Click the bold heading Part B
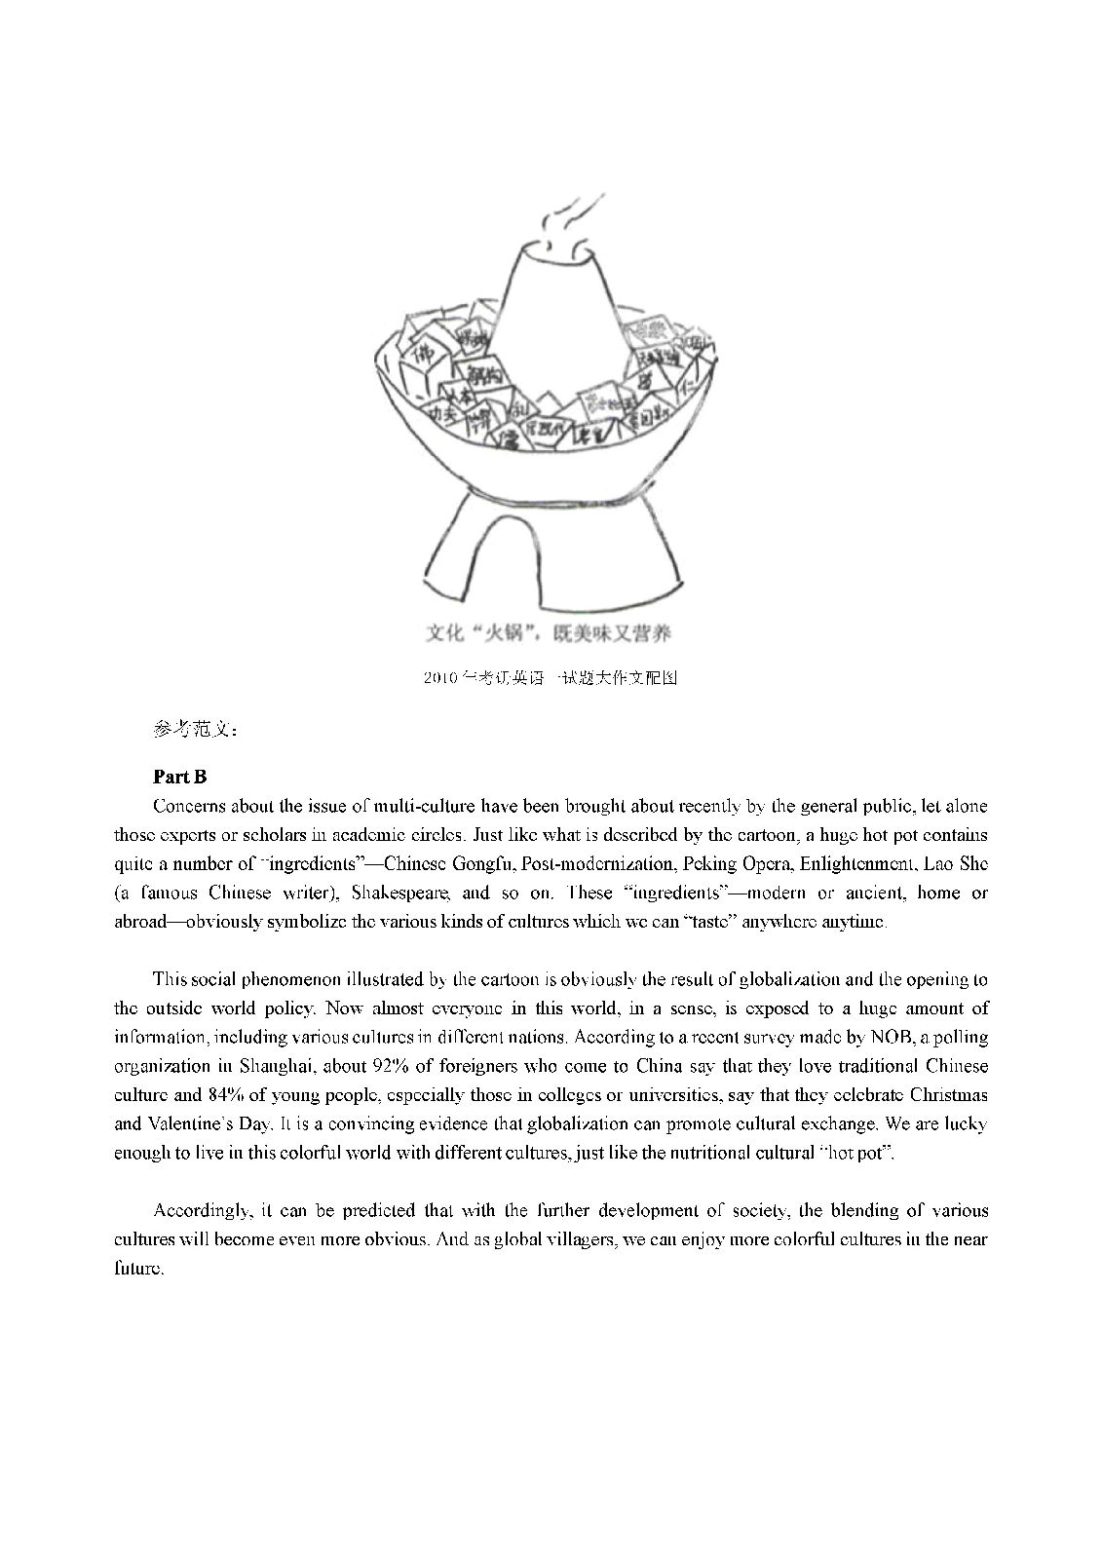pyautogui.click(x=180, y=777)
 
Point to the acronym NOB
pyautogui.click(x=877, y=1037)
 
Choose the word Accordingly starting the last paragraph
pyautogui.click(x=201, y=1211)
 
